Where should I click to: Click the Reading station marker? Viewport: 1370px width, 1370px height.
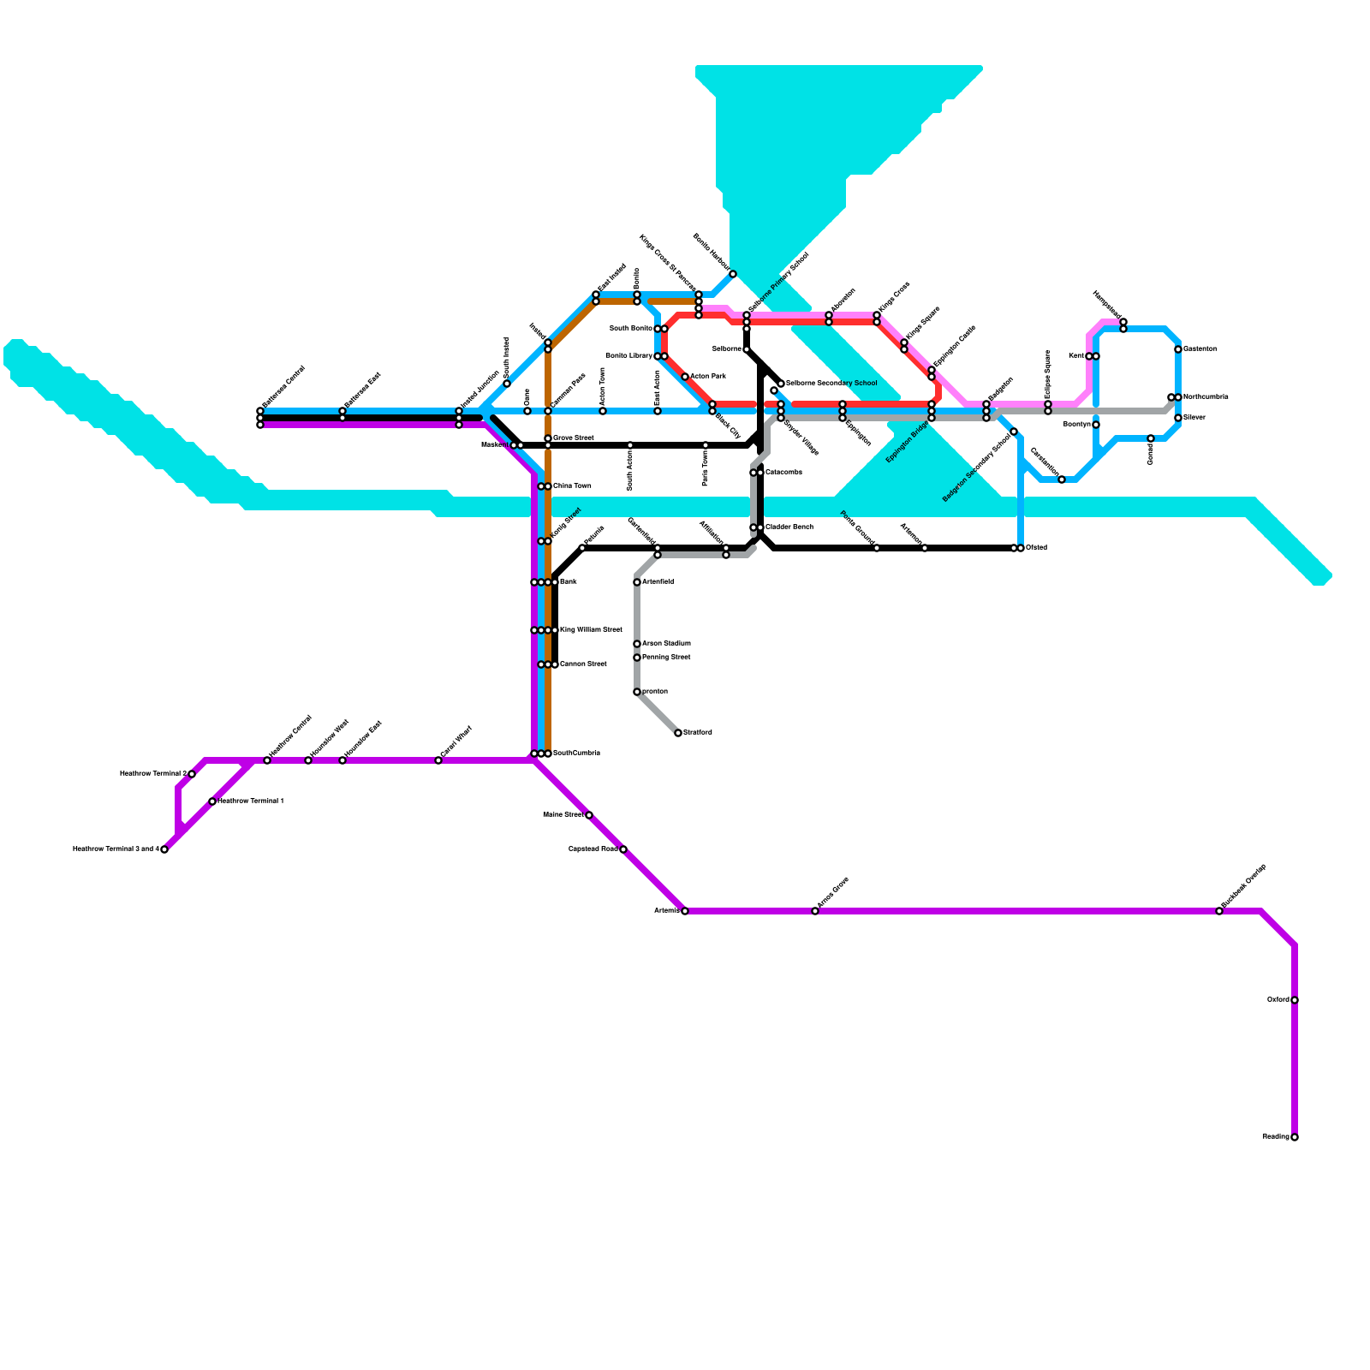pyautogui.click(x=1295, y=1137)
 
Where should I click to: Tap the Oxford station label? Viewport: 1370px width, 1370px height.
pyautogui.click(x=1278, y=1000)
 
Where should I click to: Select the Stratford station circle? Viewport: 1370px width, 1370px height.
pyautogui.click(x=678, y=733)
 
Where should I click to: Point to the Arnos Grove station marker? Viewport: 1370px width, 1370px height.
pyautogui.click(x=815, y=911)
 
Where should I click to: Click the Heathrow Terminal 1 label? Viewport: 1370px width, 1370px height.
pyautogui.click(x=251, y=801)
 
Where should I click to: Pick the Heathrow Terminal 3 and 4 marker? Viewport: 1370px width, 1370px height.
pyautogui.click(x=164, y=849)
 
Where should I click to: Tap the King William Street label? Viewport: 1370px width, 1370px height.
pyautogui.click(x=591, y=630)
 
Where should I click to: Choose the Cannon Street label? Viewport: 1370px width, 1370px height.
pyautogui.click(x=583, y=664)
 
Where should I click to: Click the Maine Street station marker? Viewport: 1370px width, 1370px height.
pyautogui.click(x=589, y=815)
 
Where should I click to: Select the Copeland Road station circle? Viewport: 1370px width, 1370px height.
pyautogui.click(x=623, y=849)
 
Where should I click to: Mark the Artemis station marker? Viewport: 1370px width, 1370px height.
pyautogui.click(x=685, y=911)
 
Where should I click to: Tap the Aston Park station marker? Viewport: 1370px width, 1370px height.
pyautogui.click(x=685, y=377)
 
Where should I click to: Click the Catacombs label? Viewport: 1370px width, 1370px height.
pyautogui.click(x=783, y=473)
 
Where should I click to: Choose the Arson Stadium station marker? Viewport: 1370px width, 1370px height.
pyautogui.click(x=637, y=644)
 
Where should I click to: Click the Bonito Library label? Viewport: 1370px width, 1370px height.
pyautogui.click(x=628, y=356)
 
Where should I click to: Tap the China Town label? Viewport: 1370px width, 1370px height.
pyautogui.click(x=572, y=486)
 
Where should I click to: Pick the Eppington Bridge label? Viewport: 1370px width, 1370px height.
pyautogui.click(x=908, y=442)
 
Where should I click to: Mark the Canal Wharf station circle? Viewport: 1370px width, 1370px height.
pyautogui.click(x=438, y=760)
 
